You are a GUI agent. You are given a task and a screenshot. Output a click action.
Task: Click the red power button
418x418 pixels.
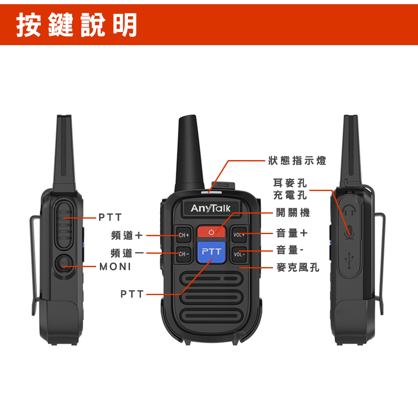point(211,232)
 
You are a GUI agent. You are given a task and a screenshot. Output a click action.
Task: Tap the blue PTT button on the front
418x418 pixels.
point(212,251)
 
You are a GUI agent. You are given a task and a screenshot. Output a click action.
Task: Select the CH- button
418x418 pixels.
point(184,254)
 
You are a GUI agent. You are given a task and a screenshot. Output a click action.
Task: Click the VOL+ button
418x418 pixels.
point(239,234)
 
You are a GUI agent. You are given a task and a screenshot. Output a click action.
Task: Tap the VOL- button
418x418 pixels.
point(239,254)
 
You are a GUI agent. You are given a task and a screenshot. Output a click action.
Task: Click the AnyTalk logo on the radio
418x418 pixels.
point(211,208)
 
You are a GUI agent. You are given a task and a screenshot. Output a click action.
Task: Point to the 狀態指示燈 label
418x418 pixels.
point(297,161)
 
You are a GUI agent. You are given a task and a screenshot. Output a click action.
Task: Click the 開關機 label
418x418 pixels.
point(293,213)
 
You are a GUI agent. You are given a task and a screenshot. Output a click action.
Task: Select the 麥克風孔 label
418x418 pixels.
point(298,267)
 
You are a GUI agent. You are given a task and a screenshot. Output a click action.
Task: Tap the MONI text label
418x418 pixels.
point(115,266)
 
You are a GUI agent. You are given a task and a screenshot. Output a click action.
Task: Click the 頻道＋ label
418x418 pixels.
point(127,235)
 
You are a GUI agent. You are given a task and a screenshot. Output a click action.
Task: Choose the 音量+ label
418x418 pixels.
point(292,233)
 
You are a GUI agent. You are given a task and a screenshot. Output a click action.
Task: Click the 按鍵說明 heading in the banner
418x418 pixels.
point(76,25)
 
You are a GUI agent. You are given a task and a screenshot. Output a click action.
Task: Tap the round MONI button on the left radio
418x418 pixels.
point(64,264)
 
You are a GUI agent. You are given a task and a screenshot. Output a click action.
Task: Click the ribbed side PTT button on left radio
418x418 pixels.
point(64,225)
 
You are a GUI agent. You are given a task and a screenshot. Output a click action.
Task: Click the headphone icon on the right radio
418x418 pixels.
point(349,209)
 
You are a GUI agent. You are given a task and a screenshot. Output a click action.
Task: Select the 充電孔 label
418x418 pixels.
point(290,195)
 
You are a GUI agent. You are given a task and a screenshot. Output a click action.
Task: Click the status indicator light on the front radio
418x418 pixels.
point(212,192)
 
